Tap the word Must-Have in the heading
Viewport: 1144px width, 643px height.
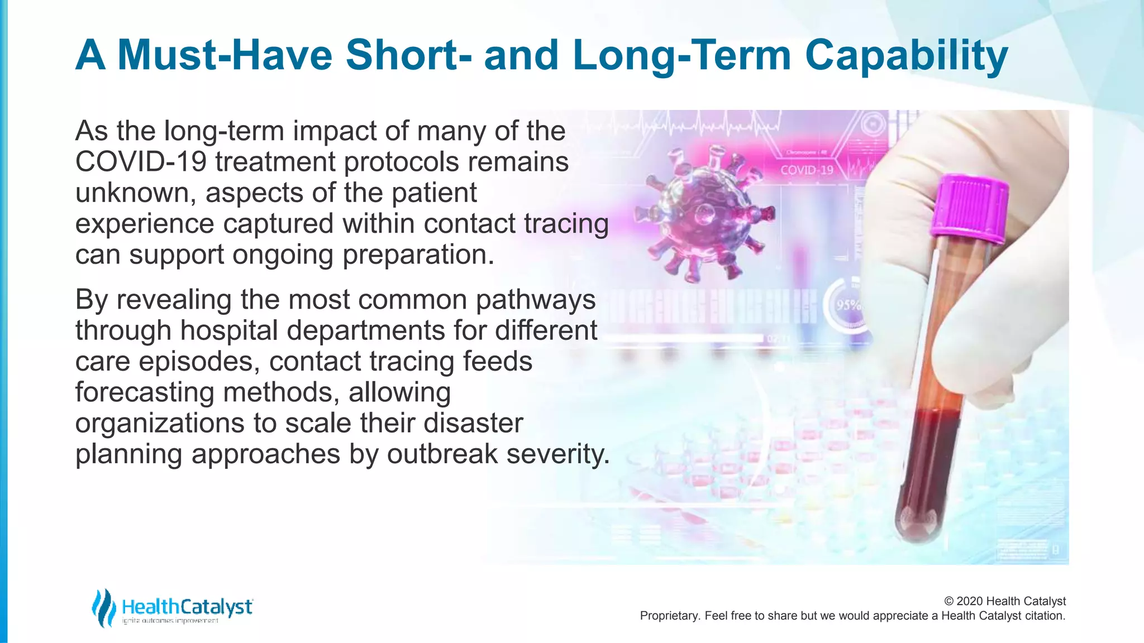[x=225, y=56]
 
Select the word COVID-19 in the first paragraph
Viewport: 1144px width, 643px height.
[x=141, y=162]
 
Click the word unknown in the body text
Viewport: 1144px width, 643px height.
[x=135, y=193]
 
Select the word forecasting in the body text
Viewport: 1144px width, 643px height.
[x=145, y=392]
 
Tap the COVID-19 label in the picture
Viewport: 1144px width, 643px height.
[x=806, y=170]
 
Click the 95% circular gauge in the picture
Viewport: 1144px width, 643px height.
[x=848, y=305]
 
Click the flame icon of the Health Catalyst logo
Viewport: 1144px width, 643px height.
[x=103, y=608]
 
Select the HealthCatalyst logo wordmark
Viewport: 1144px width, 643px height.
[x=187, y=607]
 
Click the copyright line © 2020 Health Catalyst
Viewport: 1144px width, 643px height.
[x=1004, y=601]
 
